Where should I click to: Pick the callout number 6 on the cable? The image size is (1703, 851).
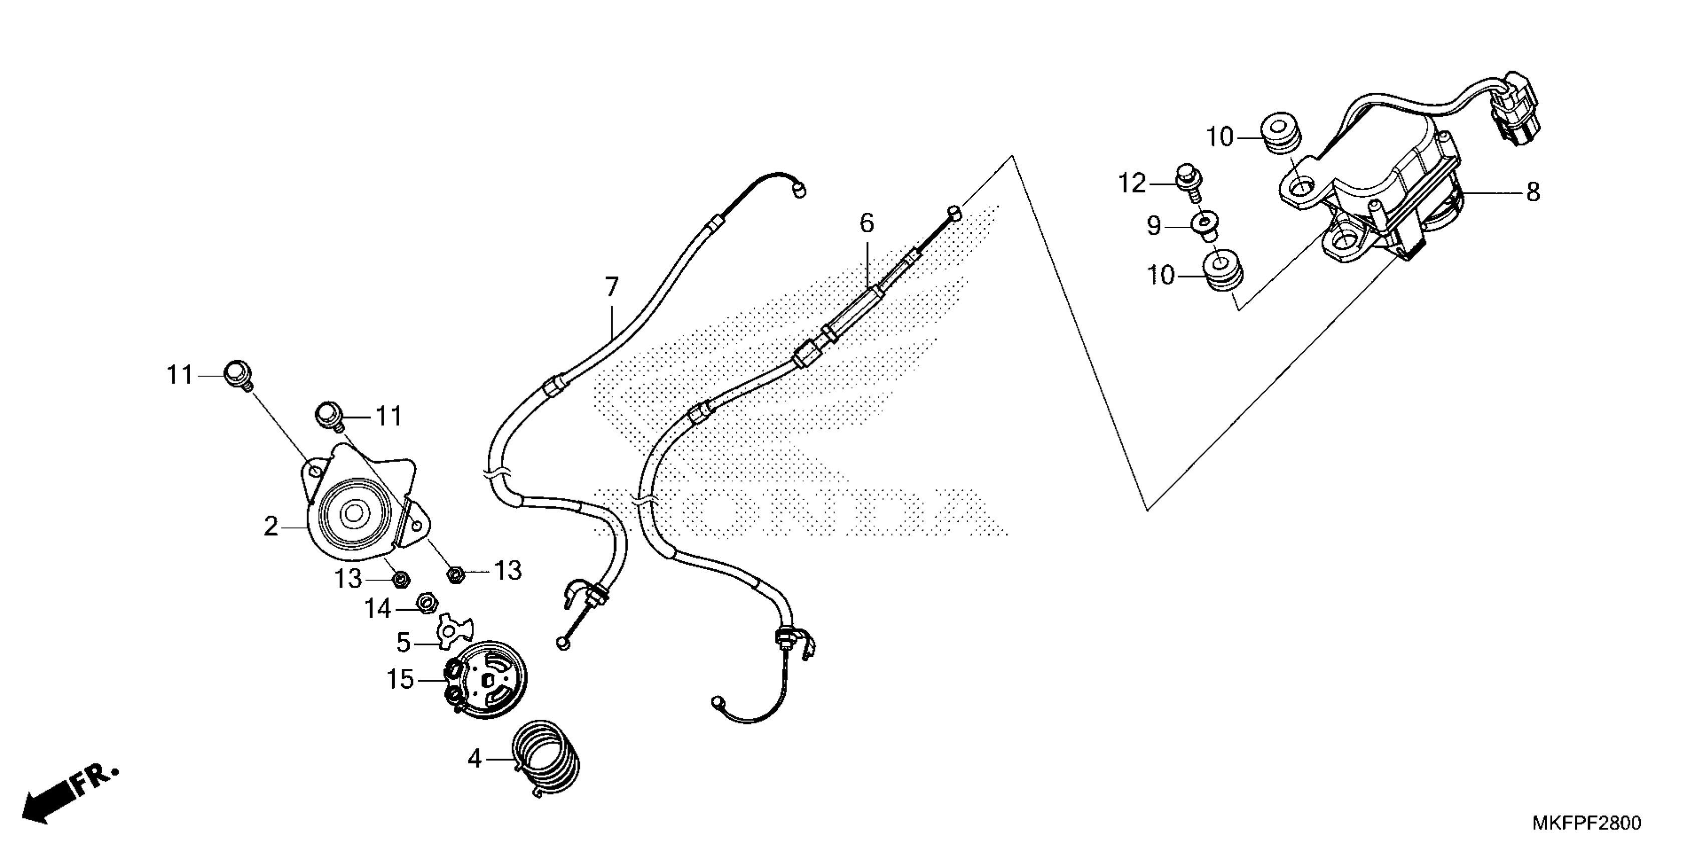[867, 223]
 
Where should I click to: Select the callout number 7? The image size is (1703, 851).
[612, 287]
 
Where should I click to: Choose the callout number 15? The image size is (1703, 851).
[401, 679]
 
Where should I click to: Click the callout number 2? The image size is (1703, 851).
[271, 527]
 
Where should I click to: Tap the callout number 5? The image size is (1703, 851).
[404, 642]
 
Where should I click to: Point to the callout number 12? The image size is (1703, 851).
[1132, 183]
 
